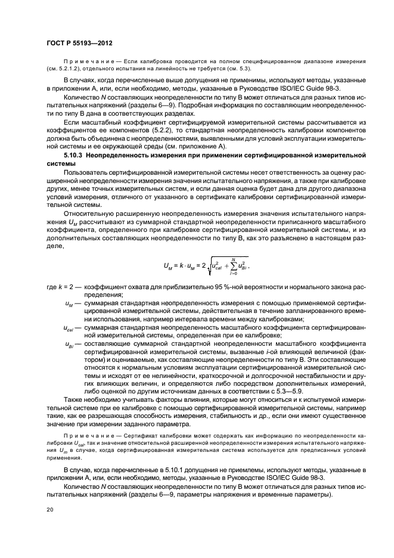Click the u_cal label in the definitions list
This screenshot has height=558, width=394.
[69, 328]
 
